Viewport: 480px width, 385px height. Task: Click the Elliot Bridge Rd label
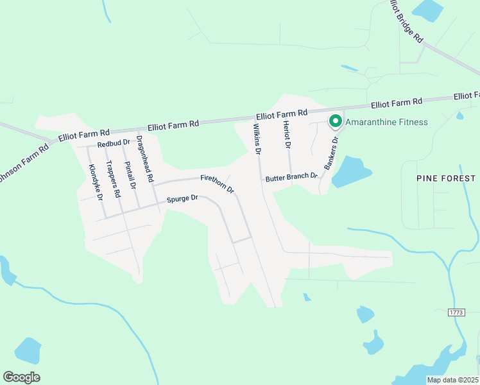click(406, 21)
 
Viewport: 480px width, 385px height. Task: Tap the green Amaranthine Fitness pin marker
click(335, 121)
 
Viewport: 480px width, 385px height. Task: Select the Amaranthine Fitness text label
click(386, 122)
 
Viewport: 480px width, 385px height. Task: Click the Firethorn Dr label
click(218, 184)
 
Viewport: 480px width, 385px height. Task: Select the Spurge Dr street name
click(183, 199)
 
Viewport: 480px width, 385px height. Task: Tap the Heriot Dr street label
click(287, 135)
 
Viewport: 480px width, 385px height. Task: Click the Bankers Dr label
click(330, 155)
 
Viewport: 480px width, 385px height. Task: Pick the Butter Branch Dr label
click(292, 176)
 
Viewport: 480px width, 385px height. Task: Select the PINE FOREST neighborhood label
click(445, 178)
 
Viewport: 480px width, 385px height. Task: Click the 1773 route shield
click(456, 312)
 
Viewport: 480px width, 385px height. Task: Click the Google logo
click(21, 377)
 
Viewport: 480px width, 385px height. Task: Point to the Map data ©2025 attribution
click(452, 380)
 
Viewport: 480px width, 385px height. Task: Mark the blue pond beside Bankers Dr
click(352, 171)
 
